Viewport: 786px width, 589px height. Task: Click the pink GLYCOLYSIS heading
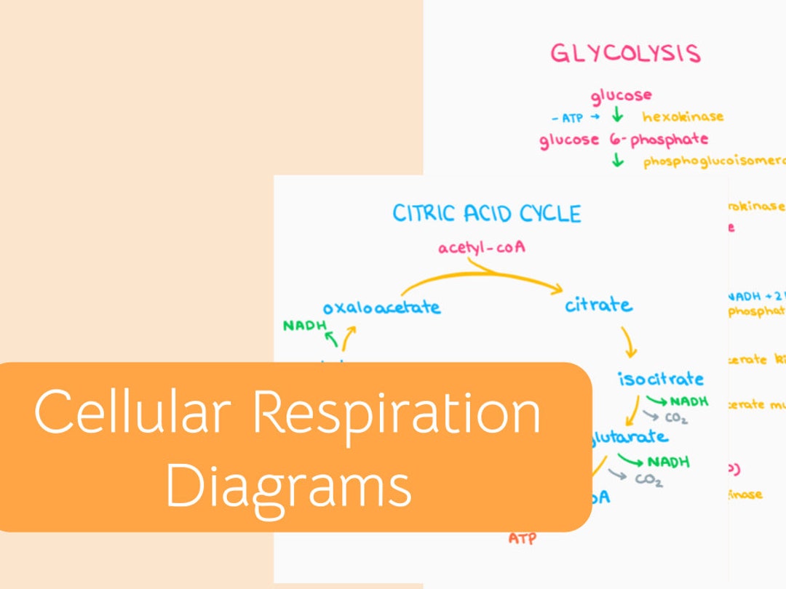tap(624, 54)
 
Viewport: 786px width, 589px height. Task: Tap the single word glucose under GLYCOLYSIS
tap(621, 95)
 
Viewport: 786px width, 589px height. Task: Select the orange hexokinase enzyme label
tap(683, 116)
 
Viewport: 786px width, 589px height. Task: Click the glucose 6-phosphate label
tap(623, 139)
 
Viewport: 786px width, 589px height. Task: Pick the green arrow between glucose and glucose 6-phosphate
tap(617, 116)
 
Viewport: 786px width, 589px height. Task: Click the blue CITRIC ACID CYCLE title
tap(487, 213)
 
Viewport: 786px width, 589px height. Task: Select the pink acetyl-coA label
tap(482, 248)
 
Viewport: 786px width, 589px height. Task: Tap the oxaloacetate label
tap(381, 307)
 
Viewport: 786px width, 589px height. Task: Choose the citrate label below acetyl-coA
tap(598, 305)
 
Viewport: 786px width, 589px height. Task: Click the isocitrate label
tap(661, 379)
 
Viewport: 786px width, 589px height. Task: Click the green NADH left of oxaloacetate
tap(305, 325)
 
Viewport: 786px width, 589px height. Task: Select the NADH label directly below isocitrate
tap(688, 401)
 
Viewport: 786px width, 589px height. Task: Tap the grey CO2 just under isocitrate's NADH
tap(675, 418)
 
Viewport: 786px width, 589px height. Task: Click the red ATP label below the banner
tap(523, 539)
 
